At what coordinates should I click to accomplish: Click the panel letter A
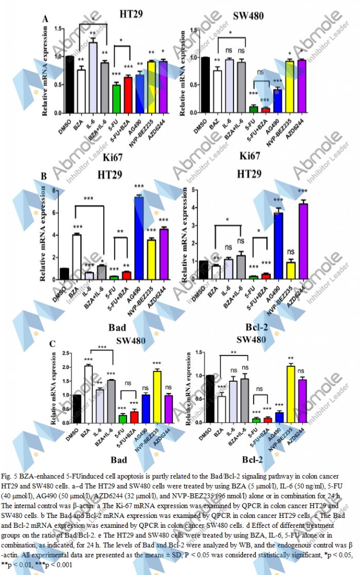pos(46,20)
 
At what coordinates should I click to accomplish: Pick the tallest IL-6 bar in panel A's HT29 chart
pos(93,78)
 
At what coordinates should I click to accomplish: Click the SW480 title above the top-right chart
pos(248,15)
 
